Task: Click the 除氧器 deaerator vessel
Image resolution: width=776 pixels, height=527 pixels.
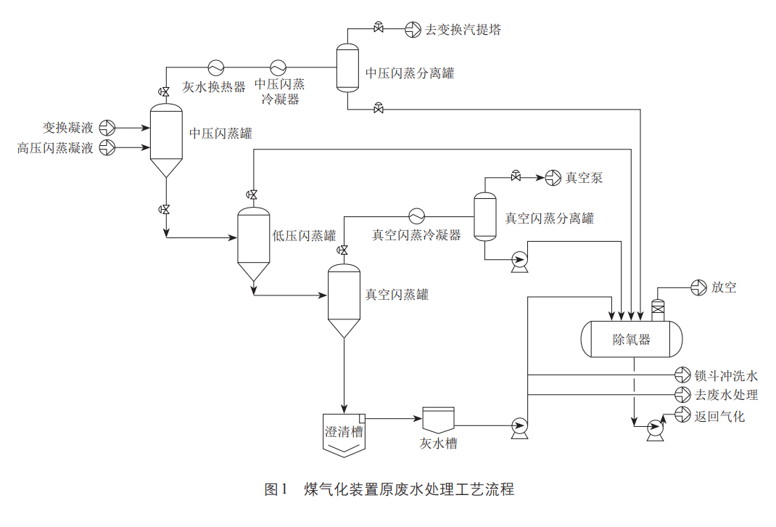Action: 632,338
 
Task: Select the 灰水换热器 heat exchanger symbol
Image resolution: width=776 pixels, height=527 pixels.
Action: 216,68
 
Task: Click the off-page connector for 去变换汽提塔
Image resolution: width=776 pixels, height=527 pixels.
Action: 413,30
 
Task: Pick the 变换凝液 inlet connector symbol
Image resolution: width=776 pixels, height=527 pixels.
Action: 107,128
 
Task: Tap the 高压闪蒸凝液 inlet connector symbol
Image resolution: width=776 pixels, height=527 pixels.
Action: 107,148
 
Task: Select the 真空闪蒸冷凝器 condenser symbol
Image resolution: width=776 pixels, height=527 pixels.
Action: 417,216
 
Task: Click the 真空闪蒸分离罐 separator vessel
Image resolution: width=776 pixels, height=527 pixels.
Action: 484,216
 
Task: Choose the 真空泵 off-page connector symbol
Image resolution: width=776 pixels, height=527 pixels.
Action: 553,177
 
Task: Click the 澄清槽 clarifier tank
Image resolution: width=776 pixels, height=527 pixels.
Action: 344,434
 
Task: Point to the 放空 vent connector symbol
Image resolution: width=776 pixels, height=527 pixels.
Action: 698,287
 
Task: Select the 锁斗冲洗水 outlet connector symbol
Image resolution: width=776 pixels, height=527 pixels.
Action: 682,375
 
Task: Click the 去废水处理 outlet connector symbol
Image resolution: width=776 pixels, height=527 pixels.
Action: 682,395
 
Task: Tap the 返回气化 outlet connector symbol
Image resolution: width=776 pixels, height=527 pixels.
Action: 682,415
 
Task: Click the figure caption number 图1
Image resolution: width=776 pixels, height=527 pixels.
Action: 276,489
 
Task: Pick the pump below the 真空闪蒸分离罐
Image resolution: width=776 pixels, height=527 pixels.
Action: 519,260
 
